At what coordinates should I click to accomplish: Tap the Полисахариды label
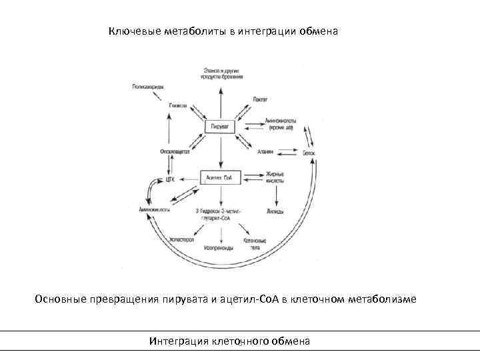pos(148,87)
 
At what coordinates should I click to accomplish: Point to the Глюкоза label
pos(178,105)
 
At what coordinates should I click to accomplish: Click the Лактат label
pos(260,99)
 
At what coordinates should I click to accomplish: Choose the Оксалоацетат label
pos(175,151)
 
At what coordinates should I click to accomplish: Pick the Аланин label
pos(265,151)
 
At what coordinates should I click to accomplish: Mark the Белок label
pos(307,153)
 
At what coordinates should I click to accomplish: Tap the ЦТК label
pos(170,179)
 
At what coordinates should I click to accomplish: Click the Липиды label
pos(275,211)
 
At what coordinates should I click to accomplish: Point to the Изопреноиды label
pos(219,247)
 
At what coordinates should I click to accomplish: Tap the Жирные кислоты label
pos(275,178)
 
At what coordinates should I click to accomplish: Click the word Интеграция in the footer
pos(179,341)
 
